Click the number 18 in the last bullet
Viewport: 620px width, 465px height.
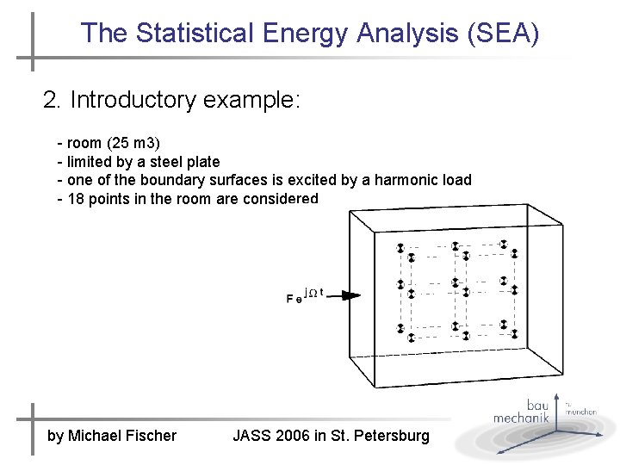tap(75, 199)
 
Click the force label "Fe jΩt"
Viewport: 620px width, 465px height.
tap(303, 296)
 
